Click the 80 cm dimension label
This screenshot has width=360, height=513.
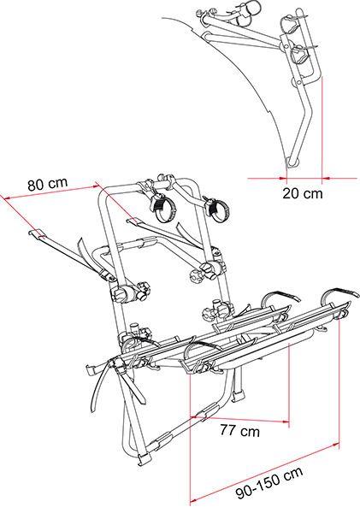coord(47,185)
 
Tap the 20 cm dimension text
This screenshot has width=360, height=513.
coord(303,193)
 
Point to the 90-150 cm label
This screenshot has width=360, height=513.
coord(269,483)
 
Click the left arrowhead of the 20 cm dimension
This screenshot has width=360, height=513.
coord(283,179)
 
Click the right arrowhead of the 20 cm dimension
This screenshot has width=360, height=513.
coord(326,179)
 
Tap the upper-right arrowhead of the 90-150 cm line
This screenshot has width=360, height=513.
coord(335,444)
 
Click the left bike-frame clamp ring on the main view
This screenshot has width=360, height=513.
coord(162,211)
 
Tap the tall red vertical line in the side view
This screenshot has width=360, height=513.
coord(322,127)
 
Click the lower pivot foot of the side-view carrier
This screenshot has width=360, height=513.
coord(292,162)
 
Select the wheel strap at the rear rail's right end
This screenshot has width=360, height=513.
coord(339,291)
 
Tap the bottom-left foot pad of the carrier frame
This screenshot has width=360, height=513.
coord(143,458)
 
